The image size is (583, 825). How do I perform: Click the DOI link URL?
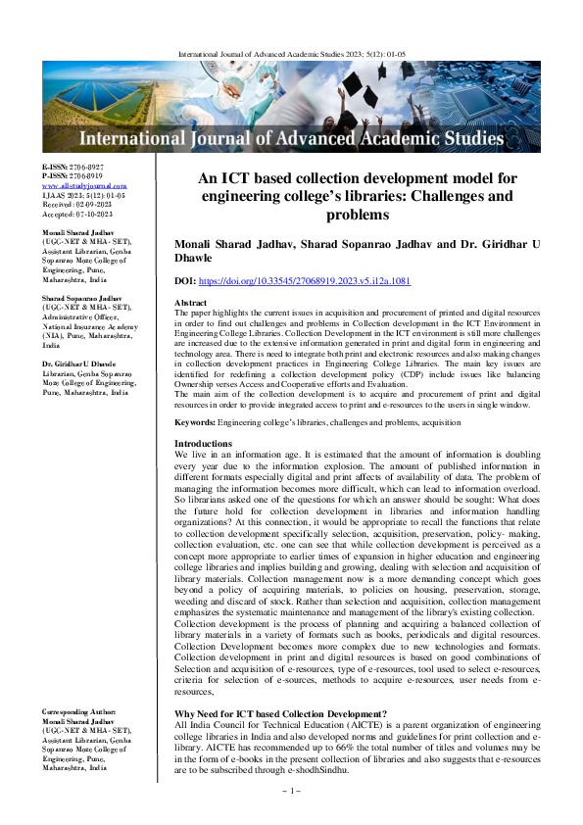click(318, 281)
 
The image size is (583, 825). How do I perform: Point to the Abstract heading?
click(190, 304)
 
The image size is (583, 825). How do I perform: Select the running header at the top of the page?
click(290, 44)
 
